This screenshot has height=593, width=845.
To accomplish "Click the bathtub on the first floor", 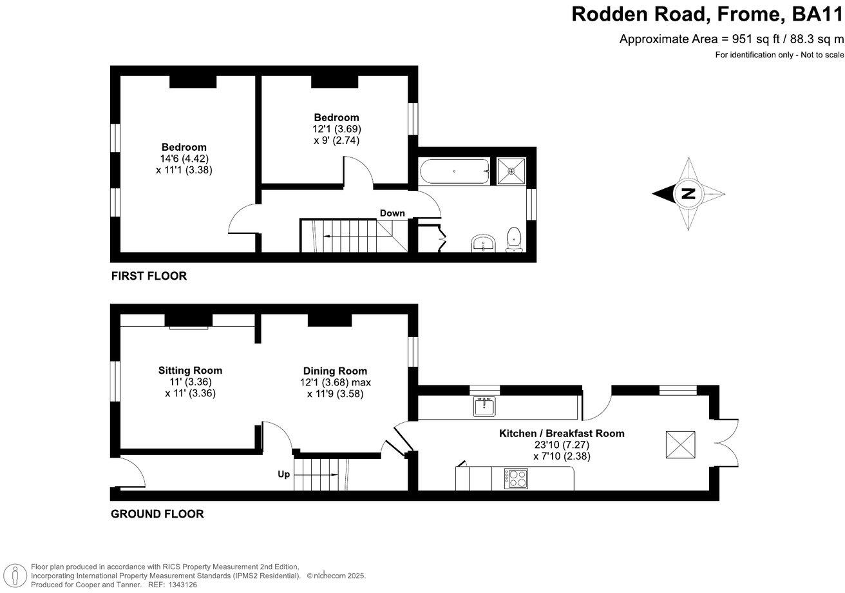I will tap(455, 172).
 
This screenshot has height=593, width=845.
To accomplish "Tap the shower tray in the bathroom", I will tap(511, 171).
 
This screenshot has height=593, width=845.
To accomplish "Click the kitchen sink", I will tap(484, 407).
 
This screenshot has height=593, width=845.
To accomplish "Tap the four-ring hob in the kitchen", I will tap(517, 478).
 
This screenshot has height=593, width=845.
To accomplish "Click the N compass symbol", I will tap(688, 193).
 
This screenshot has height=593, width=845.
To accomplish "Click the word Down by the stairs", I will tap(392, 213).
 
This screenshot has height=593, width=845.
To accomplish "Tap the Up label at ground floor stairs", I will tap(283, 474).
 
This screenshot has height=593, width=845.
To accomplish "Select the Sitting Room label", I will tap(190, 371).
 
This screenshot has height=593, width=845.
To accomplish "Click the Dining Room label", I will tap(335, 371).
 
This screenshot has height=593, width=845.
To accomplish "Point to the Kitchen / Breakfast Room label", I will tap(562, 434).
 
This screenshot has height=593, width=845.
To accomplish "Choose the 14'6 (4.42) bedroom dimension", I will tap(184, 159).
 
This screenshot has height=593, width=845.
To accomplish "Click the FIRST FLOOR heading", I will tap(149, 277).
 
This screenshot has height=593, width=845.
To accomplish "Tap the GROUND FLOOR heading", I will tap(157, 514).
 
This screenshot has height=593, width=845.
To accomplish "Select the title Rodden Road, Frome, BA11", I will tap(707, 14).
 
